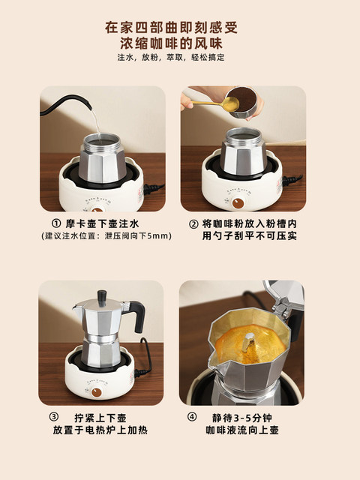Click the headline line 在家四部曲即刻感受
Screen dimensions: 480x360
tap(180, 28)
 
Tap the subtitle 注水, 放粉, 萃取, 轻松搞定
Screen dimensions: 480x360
tap(180, 58)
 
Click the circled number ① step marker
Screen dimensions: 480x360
tap(55, 224)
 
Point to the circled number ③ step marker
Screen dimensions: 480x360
tap(55, 417)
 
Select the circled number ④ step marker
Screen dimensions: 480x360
tap(192, 417)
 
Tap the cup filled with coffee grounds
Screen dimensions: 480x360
tap(241, 103)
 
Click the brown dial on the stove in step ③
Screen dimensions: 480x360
tap(106, 390)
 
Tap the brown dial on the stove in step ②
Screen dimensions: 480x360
tap(238, 202)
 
